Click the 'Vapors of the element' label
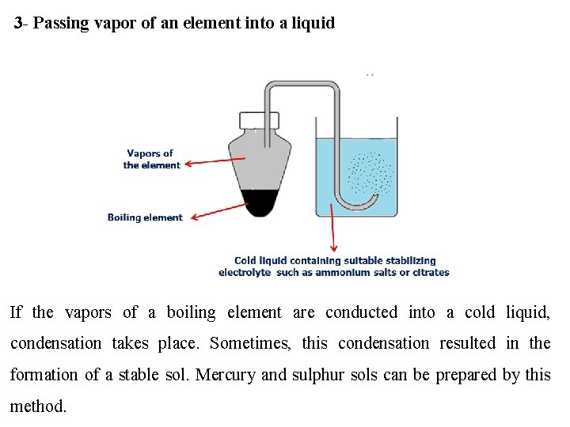point(150,159)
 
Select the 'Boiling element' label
point(145,217)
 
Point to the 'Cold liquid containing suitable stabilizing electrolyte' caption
point(334,266)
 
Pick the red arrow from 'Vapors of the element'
point(215,161)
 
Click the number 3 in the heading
point(18,23)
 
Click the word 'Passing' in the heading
point(59,23)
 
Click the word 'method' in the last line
point(36,406)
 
